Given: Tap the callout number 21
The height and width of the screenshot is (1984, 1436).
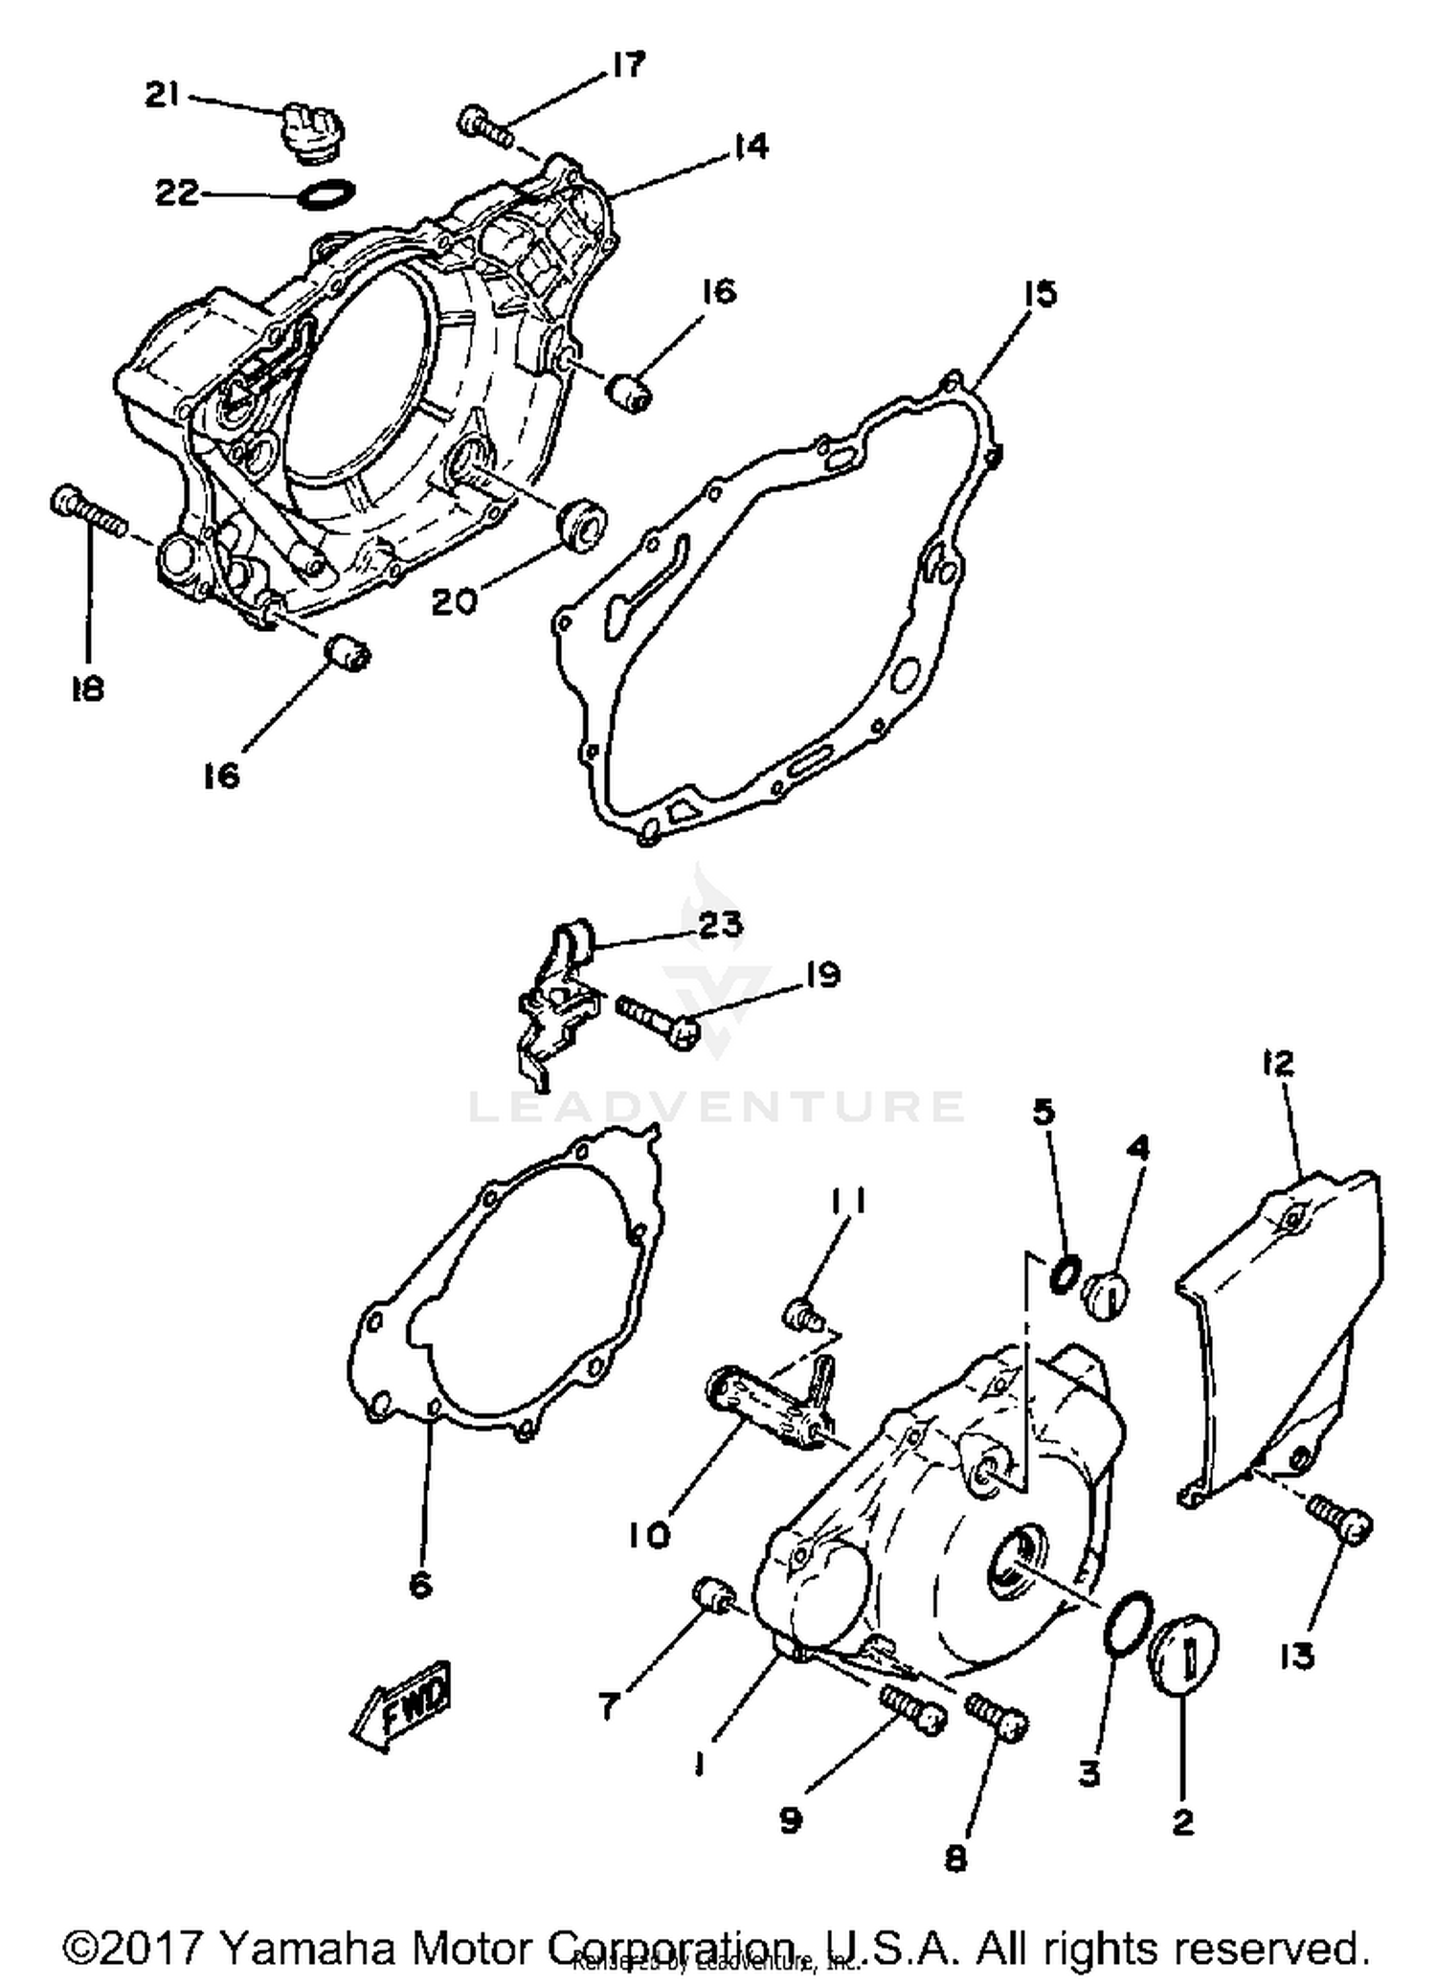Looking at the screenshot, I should [x=163, y=95].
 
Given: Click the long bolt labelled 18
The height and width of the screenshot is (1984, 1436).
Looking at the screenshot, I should [x=88, y=513].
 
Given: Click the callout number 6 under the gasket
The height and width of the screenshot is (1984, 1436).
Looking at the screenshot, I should [x=420, y=1585].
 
